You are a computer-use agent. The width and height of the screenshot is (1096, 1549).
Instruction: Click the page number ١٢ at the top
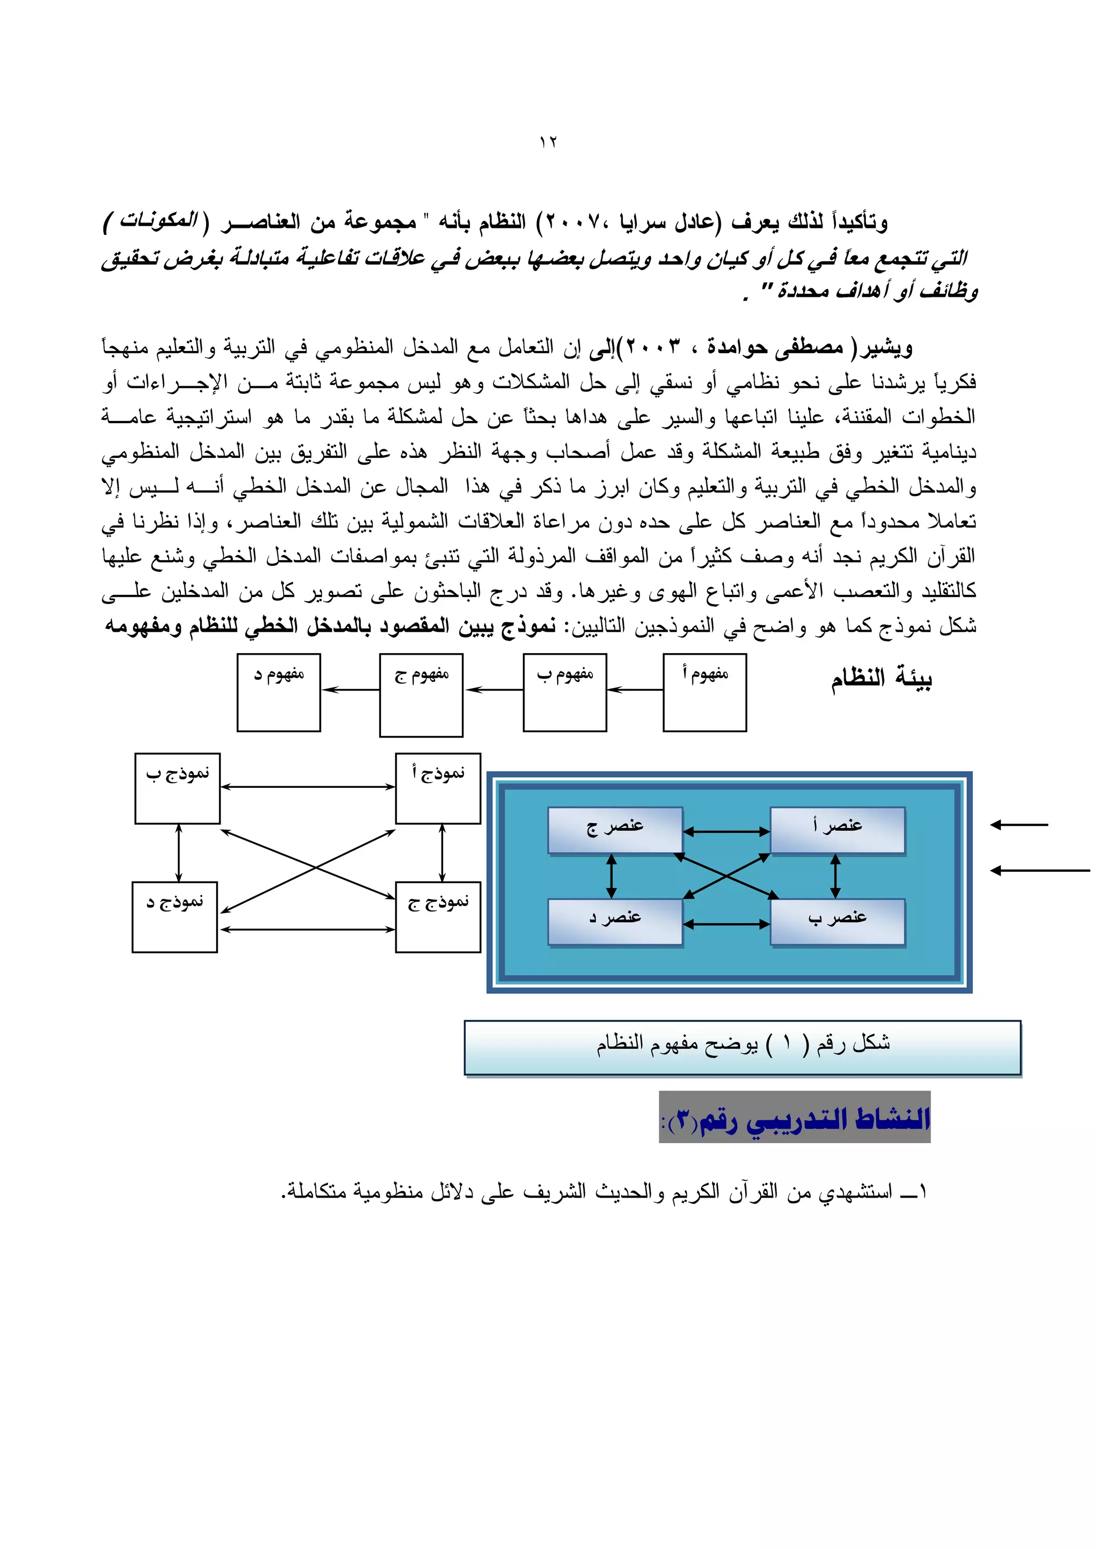click(547, 142)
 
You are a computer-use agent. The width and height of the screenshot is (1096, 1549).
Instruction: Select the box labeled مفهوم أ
click(705, 692)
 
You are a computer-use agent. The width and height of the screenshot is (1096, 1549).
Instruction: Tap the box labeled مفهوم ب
click(565, 692)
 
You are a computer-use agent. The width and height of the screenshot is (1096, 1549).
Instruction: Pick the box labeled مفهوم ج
click(421, 695)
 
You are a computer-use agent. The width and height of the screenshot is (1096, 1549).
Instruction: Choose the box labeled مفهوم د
click(279, 692)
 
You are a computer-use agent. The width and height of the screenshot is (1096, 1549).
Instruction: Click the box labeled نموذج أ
click(438, 788)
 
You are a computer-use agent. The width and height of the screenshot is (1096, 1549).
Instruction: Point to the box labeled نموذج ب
click(178, 788)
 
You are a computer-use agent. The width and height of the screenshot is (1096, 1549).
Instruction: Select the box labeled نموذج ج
click(438, 917)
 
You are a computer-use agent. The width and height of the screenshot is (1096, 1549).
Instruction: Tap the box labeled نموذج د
click(175, 917)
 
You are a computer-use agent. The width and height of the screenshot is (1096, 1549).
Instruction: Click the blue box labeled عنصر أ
click(837, 830)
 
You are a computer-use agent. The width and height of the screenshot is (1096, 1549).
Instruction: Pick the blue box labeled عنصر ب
click(837, 922)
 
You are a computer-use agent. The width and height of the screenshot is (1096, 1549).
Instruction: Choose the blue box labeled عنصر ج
click(615, 830)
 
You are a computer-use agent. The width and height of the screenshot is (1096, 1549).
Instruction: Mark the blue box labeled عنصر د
click(615, 922)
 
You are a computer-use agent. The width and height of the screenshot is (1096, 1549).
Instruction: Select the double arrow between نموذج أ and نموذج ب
click(308, 787)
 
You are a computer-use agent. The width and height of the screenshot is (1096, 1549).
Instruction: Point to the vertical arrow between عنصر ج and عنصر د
click(612, 876)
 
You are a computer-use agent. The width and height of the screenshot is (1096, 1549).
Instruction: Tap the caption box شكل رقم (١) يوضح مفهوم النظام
click(742, 1047)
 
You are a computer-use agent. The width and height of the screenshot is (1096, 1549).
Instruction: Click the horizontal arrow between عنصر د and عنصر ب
click(726, 924)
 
